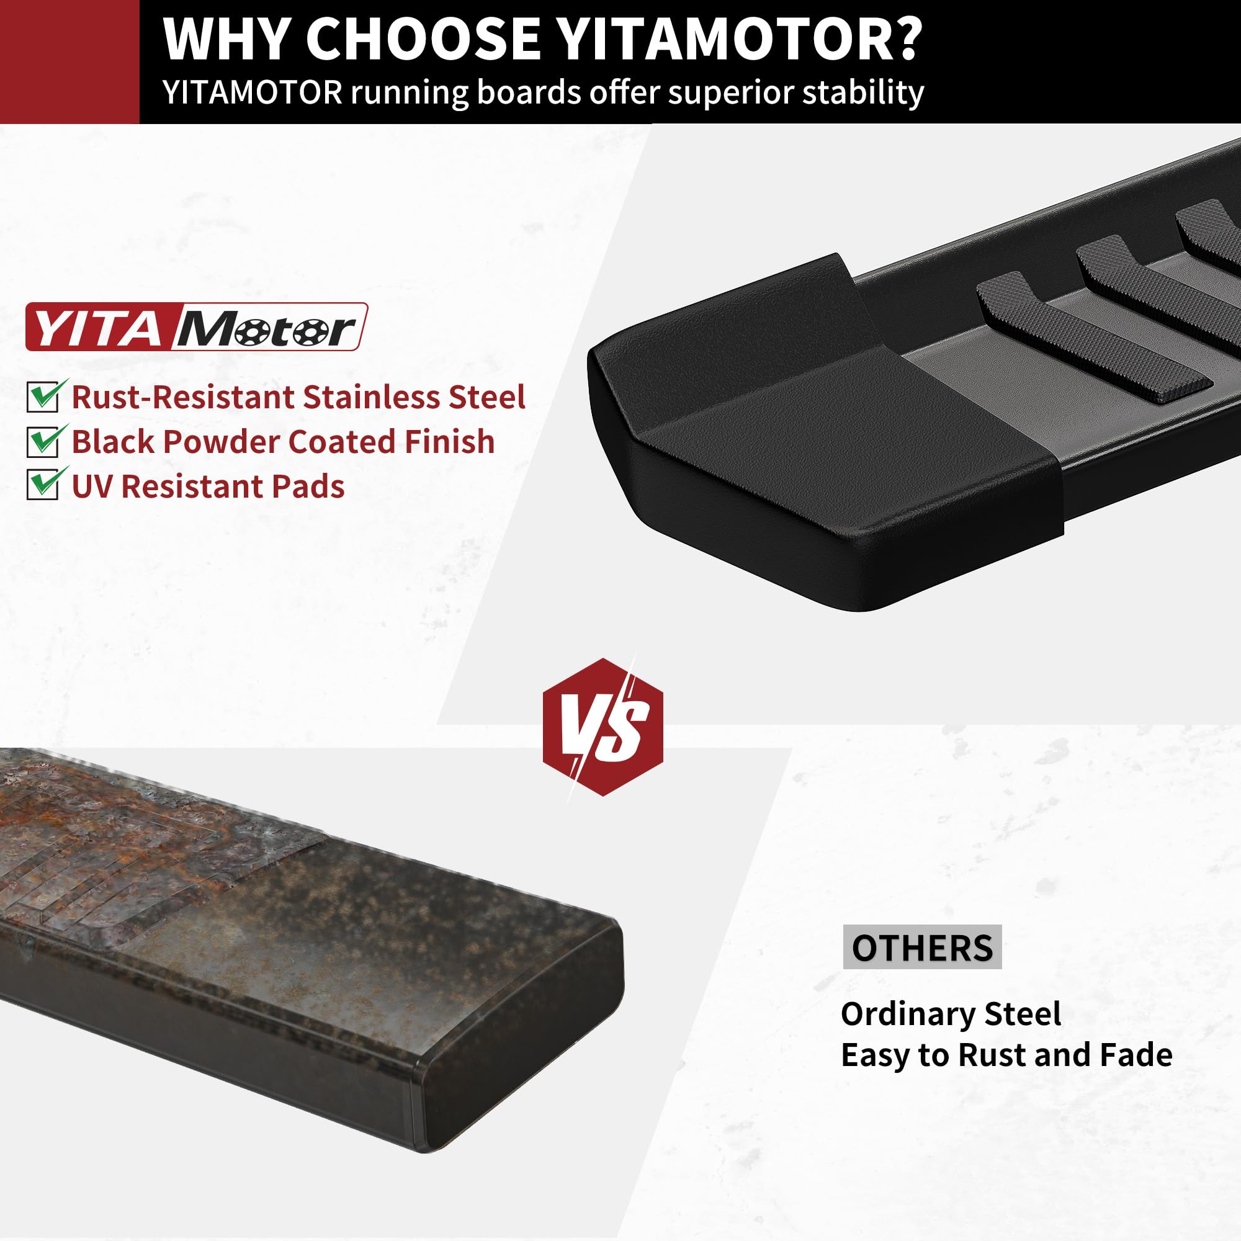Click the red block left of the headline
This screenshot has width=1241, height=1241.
69,61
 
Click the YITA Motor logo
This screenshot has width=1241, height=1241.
197,327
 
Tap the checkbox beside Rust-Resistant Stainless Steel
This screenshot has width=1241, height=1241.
43,396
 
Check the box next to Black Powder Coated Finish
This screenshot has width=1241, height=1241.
43,441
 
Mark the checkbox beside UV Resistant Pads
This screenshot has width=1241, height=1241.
43,486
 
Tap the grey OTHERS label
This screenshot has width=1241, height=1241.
922,948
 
